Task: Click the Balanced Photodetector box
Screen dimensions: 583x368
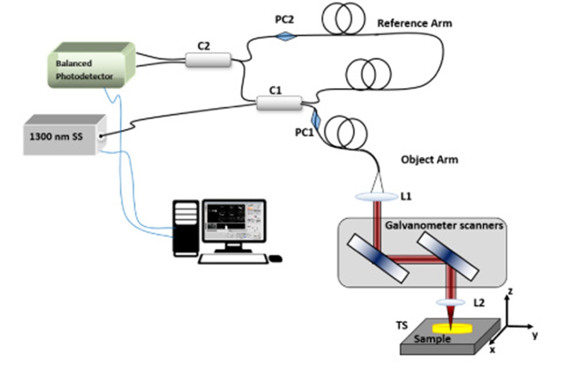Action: pos(92,65)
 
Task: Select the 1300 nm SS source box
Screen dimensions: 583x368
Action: pos(65,135)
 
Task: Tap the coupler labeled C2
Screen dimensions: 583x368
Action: pos(208,60)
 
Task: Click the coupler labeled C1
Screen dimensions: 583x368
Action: pos(279,103)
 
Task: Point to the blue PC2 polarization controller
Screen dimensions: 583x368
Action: pos(286,36)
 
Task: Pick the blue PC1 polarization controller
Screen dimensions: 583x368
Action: pos(316,121)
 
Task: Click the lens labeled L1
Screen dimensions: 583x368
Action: pos(376,197)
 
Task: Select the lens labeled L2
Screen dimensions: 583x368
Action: pos(450,302)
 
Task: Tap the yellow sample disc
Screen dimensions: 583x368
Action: pos(452,328)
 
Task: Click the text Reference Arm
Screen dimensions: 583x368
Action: pos(414,24)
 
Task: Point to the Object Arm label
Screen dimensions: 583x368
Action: pos(429,160)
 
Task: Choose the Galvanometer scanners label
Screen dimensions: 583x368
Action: pos(444,226)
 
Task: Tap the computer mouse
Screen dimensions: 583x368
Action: pos(276,258)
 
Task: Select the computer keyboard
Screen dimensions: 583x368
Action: pos(233,259)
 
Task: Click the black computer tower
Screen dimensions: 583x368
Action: pos(186,228)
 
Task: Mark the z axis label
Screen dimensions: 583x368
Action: pos(510,291)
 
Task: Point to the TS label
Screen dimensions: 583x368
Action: pos(401,326)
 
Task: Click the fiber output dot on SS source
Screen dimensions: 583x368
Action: pos(101,136)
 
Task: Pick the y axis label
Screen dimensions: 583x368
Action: pos(535,335)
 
